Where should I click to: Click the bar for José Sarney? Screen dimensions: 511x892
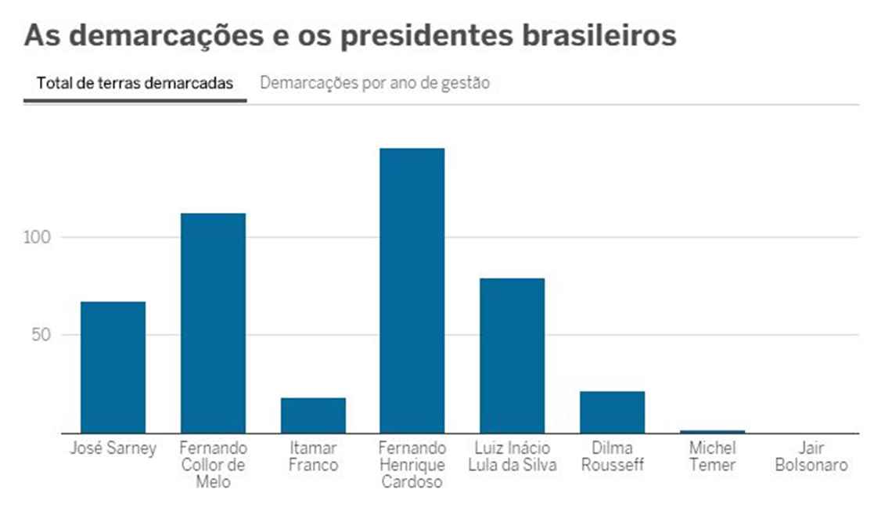(113, 367)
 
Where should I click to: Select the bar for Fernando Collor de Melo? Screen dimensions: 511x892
(213, 322)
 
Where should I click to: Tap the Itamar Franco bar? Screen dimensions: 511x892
(313, 415)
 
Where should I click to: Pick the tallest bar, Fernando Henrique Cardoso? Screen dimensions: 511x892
(412, 290)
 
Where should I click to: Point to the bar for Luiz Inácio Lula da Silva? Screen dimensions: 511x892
(512, 355)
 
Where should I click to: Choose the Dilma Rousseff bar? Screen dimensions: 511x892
(612, 412)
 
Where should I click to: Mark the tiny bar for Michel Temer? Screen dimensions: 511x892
(712, 431)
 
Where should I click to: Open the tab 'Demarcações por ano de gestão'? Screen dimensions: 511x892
(375, 83)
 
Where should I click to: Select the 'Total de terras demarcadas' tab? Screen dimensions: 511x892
(135, 84)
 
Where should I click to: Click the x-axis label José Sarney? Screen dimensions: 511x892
(113, 448)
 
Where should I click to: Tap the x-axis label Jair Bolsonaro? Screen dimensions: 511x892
(811, 456)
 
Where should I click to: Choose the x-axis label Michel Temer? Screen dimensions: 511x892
(712, 456)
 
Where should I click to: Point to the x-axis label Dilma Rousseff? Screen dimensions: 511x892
(612, 456)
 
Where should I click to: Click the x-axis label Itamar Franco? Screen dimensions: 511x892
(313, 456)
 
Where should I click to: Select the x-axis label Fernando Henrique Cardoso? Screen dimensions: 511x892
(412, 465)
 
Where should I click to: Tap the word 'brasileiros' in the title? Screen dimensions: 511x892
(598, 36)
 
